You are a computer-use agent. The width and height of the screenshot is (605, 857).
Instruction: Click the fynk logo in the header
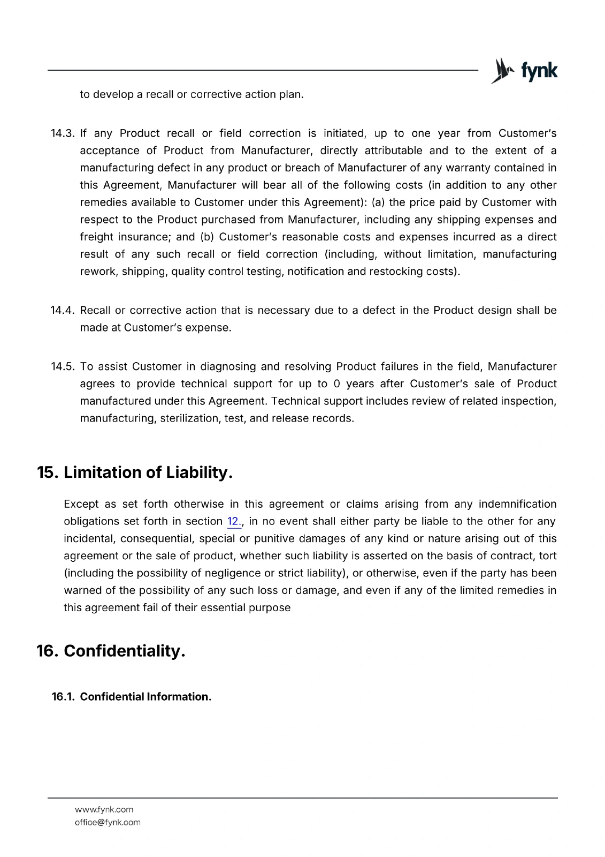coord(524,71)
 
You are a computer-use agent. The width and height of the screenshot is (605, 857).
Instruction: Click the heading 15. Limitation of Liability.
coord(135,472)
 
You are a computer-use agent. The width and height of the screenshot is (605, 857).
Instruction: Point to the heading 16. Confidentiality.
coord(111,651)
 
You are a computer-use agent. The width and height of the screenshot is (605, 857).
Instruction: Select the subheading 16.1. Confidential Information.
coord(132,697)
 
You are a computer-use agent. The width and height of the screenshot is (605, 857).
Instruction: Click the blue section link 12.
coord(234,522)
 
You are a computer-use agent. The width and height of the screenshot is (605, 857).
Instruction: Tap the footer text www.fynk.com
coord(104,809)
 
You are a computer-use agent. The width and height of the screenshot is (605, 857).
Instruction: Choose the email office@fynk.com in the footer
coord(108,822)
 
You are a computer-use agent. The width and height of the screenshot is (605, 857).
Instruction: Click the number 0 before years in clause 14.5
coord(336,384)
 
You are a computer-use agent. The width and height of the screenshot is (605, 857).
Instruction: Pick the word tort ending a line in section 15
coord(548,556)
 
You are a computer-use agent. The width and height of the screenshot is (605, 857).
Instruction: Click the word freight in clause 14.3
coord(97,237)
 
